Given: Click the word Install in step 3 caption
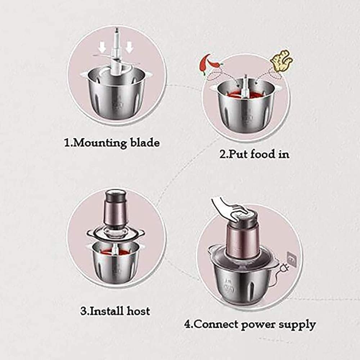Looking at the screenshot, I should pos(106,310).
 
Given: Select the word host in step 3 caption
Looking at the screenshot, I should pos(138,310).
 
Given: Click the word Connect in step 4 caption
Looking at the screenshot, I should pos(218,324).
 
